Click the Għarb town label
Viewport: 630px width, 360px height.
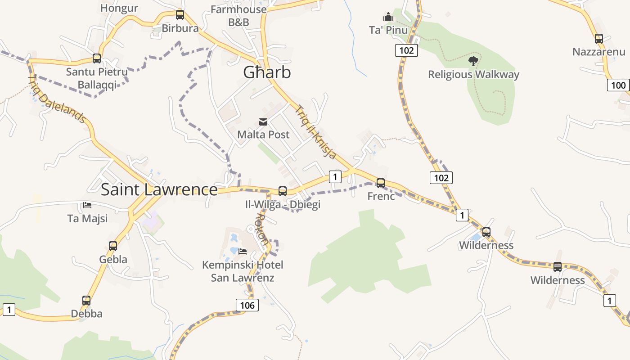pos(267,72)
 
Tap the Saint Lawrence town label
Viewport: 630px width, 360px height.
pos(159,189)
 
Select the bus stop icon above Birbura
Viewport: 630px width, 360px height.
pos(180,15)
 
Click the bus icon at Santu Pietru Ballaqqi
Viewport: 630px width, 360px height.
pos(97,58)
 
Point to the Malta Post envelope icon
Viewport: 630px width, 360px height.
pos(263,122)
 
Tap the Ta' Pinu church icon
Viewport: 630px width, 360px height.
pos(388,17)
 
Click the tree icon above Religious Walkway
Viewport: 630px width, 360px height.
pos(473,61)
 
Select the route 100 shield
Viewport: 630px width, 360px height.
pos(618,85)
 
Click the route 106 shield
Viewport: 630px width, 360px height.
pos(247,305)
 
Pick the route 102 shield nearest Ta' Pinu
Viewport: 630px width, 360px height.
pos(406,50)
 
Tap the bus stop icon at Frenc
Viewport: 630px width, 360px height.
pos(381,183)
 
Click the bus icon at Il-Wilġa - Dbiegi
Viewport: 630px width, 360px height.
pos(283,191)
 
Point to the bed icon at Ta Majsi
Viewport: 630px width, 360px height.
pos(87,205)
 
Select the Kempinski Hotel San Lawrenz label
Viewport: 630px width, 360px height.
pos(243,271)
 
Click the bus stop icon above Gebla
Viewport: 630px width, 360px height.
pos(113,246)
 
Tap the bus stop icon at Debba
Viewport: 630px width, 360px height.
pos(86,300)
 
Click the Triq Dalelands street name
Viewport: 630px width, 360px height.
pos(57,99)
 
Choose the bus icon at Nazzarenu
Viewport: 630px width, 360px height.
pos(598,39)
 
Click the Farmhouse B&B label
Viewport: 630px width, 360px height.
pos(238,15)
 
